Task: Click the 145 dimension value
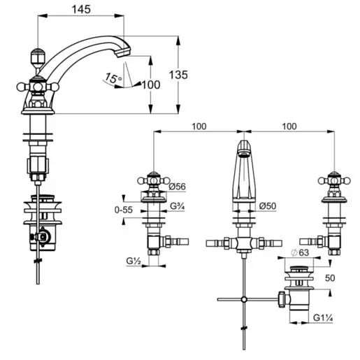81,9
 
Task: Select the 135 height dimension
178,75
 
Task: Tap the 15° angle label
113,78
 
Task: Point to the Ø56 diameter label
178,187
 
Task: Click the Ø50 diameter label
268,206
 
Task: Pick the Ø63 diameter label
301,252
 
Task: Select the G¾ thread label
177,206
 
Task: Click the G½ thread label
134,261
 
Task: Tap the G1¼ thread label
323,317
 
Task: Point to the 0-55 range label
124,210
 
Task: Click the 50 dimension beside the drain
330,278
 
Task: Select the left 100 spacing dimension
199,127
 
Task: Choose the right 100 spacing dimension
289,127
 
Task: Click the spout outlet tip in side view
123,53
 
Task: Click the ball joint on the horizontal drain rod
244,299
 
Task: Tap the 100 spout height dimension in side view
151,85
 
